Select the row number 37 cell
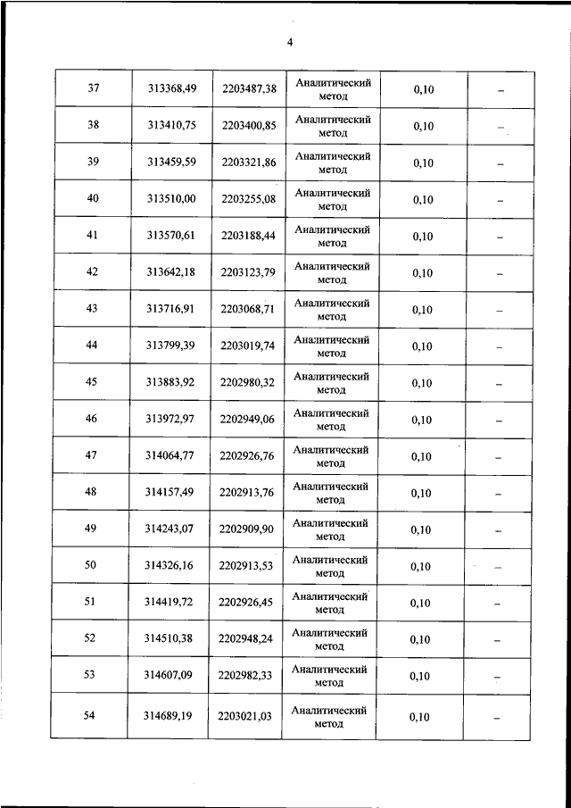click(93, 88)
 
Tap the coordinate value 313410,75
click(171, 126)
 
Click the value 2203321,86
click(249, 162)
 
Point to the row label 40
click(93, 198)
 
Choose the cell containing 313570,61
click(171, 236)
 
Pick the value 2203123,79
click(249, 272)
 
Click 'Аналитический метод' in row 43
click(332, 309)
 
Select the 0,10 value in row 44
click(422, 346)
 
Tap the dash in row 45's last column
click(500, 384)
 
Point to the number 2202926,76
click(249, 456)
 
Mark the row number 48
click(90, 491)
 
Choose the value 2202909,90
click(249, 529)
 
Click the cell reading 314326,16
click(171, 566)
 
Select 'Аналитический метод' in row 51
click(331, 602)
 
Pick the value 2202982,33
click(249, 676)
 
